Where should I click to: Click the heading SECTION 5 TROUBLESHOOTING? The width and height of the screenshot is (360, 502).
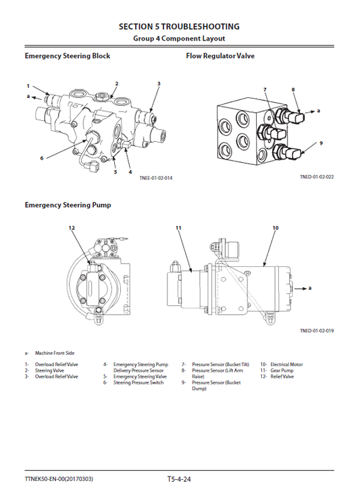coord(179,26)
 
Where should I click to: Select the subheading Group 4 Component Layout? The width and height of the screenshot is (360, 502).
coord(179,39)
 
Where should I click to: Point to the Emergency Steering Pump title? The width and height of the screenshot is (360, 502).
coord(68,205)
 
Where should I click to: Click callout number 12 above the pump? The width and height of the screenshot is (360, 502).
coord(72,228)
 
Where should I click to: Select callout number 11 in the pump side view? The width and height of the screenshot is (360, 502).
coord(179,228)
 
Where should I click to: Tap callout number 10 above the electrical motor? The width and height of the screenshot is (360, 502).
coord(275,228)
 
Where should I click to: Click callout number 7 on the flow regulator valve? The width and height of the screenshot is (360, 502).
coord(265,90)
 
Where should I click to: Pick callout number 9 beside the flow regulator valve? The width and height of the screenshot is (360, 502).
coord(321,143)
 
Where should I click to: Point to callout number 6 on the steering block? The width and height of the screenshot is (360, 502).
coord(41,158)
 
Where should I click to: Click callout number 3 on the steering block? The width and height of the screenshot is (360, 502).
coord(159,84)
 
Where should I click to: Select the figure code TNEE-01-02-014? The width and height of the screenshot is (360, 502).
coord(156,178)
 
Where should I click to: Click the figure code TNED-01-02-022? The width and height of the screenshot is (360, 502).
coord(317,178)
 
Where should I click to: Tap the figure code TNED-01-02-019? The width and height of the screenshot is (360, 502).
coord(317,330)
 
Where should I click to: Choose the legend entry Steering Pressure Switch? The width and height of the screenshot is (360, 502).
coord(138,383)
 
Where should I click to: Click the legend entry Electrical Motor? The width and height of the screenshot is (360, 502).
coord(286,365)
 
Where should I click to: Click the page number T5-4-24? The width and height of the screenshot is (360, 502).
coord(180,479)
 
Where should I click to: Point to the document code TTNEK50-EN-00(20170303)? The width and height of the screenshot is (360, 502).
coord(59,479)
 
